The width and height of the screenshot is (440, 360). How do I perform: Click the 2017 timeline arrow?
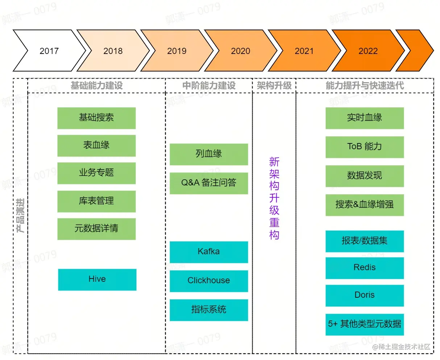tap(49, 51)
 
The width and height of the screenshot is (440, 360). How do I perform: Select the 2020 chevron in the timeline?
tap(240, 51)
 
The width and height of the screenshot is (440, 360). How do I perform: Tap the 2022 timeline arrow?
tap(368, 51)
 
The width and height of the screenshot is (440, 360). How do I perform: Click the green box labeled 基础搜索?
tap(96, 118)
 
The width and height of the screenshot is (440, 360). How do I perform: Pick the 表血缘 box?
tap(96, 145)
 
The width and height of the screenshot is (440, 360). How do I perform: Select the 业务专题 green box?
tap(96, 173)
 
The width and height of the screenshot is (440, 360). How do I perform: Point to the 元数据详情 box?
tap(96, 229)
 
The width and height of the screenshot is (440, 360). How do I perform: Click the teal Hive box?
tap(97, 279)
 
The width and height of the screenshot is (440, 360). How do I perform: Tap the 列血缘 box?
tap(209, 154)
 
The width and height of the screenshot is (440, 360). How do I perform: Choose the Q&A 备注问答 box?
tap(209, 183)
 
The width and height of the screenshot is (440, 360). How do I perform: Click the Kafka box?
tap(209, 252)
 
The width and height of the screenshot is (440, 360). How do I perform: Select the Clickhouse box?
tap(209, 281)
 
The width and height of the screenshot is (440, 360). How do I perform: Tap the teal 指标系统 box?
tap(209, 310)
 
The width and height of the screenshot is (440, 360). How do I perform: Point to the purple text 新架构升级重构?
tap(274, 198)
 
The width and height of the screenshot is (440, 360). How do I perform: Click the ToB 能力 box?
tap(365, 147)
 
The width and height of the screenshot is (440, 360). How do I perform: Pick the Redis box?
tap(365, 268)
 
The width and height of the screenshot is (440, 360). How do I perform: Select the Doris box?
tap(365, 295)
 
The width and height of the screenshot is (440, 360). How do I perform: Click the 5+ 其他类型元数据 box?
tap(365, 324)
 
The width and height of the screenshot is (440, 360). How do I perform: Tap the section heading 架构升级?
tap(274, 85)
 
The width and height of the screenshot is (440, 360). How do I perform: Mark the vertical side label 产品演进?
tap(20, 215)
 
